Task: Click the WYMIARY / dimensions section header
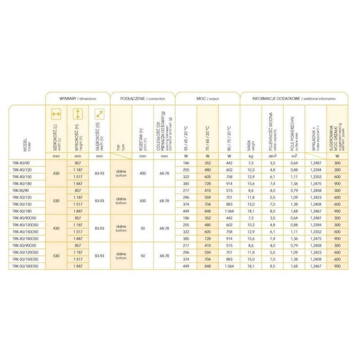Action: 77,98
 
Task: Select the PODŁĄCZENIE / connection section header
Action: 143,98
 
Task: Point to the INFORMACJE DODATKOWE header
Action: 293,98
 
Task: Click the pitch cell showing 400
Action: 143,172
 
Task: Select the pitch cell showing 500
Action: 143,200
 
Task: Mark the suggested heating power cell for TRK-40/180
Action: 337,183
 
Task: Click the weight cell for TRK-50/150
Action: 251,204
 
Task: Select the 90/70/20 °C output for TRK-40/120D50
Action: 229,225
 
